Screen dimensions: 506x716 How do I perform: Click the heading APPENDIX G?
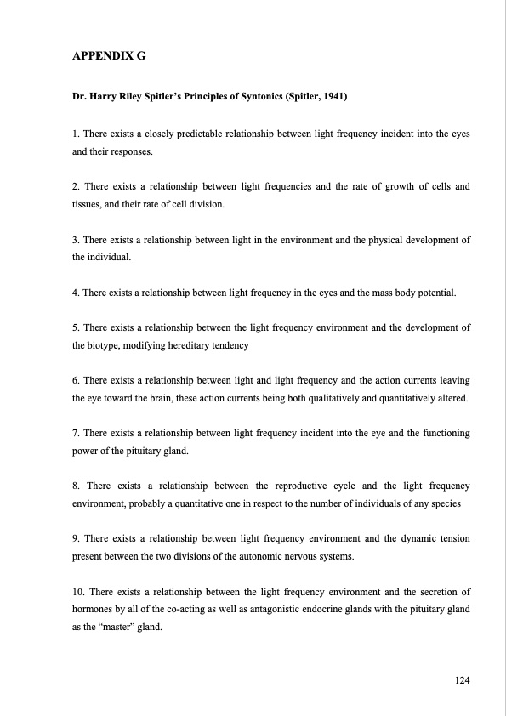pyautogui.click(x=110, y=59)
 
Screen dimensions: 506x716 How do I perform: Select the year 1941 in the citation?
pyautogui.click(x=333, y=98)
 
